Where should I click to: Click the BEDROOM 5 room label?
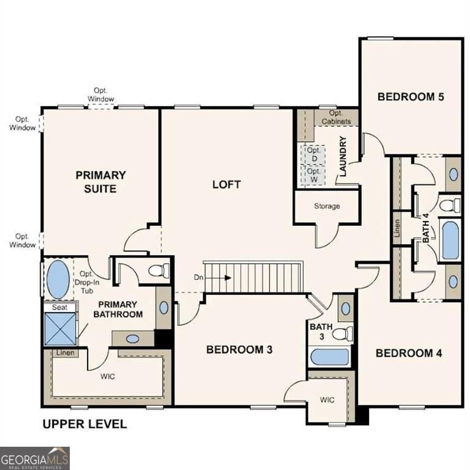coord(410,96)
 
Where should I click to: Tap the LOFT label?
coord(226,184)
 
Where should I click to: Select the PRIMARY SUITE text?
coord(101,182)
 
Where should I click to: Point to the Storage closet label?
coord(327,206)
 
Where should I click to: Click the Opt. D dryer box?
coord(313,154)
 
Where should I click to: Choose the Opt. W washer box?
coord(313,176)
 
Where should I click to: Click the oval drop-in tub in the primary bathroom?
coord(58,279)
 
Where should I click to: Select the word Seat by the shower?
coord(59,307)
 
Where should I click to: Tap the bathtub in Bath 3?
coord(329,357)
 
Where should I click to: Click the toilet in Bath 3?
coord(343,334)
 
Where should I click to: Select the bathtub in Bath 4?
coord(450,241)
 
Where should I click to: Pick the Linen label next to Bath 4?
coord(397,228)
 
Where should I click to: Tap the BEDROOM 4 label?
coord(409,353)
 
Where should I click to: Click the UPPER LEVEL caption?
coord(84,423)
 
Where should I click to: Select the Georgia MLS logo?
coord(35,458)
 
